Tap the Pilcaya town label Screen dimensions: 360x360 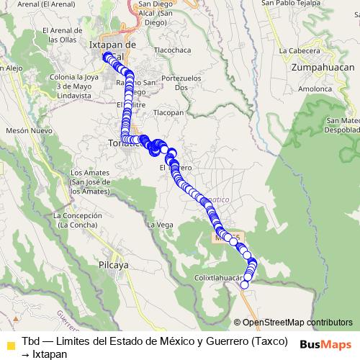coord(113,264)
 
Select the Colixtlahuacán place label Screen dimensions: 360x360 coord(215,276)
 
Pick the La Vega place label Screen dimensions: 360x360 coord(160,225)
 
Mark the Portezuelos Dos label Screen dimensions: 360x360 coord(179,82)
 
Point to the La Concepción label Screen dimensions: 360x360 coord(77,220)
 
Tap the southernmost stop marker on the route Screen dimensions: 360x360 coord(244,284)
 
